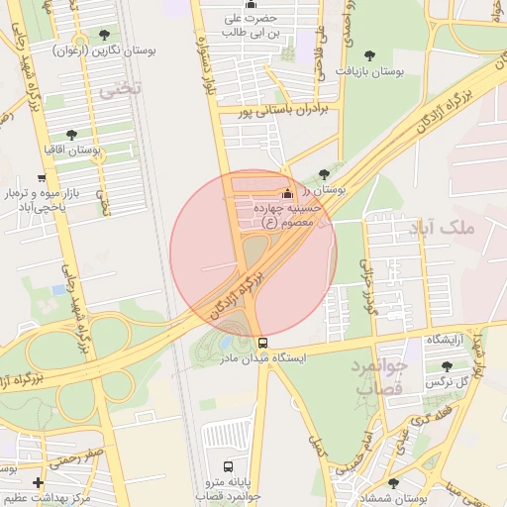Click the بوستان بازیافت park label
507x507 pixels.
point(371,71)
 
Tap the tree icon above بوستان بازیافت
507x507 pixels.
point(370,56)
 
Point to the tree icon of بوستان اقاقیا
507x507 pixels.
point(71,134)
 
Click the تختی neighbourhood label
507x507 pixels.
point(120,87)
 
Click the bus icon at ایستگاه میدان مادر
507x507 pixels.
point(262,344)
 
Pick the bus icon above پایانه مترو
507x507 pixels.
point(229,466)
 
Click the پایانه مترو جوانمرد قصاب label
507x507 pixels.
point(229,488)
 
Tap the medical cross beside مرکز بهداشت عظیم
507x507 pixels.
point(38,482)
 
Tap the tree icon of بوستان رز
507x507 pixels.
point(324,174)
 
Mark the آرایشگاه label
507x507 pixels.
point(446,341)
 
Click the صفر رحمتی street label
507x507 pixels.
point(82,455)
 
